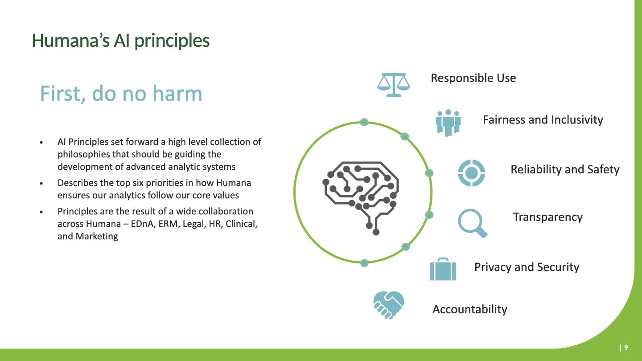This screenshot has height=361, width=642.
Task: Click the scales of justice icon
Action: [x=394, y=85]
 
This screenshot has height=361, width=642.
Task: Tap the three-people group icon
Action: [x=448, y=123]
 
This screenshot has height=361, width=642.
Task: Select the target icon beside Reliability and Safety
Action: [x=472, y=173]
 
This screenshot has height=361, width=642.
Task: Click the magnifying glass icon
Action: [x=472, y=223]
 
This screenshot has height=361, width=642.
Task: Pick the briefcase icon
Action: [x=443, y=269]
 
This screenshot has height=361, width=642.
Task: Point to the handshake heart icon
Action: [x=389, y=305]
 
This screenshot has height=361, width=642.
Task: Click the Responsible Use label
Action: [x=473, y=78]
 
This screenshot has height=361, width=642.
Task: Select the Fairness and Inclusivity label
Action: [x=543, y=120]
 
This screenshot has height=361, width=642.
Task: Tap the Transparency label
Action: [x=547, y=217]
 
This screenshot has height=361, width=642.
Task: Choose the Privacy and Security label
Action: [x=527, y=267]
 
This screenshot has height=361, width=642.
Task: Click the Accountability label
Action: [x=470, y=309]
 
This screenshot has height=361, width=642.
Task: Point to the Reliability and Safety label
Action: [x=565, y=169]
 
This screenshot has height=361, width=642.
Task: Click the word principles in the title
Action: [x=172, y=41]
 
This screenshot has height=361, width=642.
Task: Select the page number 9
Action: [x=626, y=348]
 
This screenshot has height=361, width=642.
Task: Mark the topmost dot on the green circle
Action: [x=364, y=122]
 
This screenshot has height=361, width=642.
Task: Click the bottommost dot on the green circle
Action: [x=364, y=263]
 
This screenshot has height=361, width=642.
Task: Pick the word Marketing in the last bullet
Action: [x=97, y=236]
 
